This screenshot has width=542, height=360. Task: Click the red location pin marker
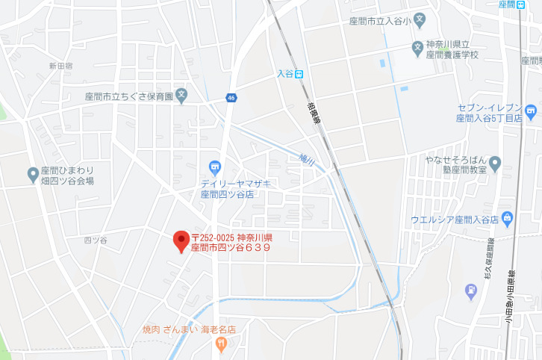click(181, 240)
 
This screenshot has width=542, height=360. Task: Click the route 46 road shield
click(232, 97)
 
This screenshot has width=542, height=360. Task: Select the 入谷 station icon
click(299, 73)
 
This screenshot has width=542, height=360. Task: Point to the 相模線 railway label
click(311, 114)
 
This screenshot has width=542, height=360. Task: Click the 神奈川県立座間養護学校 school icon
click(417, 49)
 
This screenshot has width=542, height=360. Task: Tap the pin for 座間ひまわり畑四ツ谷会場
click(33, 175)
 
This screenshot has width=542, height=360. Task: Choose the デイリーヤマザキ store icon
click(216, 167)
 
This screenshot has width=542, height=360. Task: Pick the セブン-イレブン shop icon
click(531, 113)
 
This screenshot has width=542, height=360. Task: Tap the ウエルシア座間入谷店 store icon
click(508, 218)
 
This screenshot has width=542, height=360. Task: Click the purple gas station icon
click(470, 290)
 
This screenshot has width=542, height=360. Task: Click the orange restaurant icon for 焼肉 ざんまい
click(220, 344)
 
